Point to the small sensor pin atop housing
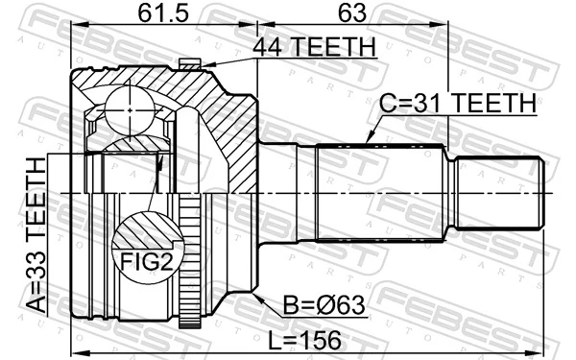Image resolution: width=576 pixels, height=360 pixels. [x=190, y=64]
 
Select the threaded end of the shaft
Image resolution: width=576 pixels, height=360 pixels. [x=499, y=194]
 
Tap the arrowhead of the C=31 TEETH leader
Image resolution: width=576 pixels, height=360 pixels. [x=369, y=142]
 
